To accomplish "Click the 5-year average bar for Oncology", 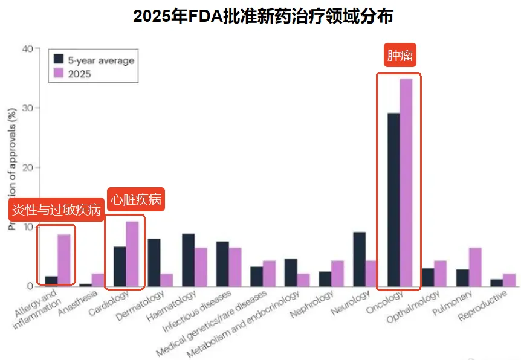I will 393,199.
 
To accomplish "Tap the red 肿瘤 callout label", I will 400,56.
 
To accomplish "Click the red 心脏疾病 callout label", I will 136,200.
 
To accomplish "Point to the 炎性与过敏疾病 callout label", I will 56,210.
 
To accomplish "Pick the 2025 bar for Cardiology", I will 132,254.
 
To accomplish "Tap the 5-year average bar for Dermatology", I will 154,262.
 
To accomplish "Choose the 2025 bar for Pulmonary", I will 475,266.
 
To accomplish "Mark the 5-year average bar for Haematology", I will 188,260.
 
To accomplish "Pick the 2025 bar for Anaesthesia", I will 97,280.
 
